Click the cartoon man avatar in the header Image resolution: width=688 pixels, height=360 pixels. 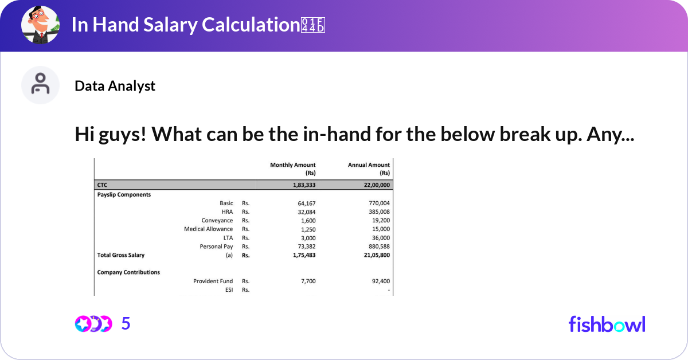41,26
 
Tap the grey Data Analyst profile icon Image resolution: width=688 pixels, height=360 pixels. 40,85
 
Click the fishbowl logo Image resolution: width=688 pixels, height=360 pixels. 607,324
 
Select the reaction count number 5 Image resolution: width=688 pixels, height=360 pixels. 126,324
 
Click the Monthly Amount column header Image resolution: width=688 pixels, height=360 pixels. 292,169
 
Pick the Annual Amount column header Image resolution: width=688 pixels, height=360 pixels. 369,169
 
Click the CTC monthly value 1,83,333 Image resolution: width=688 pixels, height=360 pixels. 301,185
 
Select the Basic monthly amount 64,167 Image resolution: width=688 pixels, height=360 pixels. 306,204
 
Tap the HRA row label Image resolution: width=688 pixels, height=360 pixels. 227,212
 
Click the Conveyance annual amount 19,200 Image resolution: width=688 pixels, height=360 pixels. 379,221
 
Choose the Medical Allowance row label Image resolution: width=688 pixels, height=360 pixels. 208,229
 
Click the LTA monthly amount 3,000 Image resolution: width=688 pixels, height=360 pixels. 307,238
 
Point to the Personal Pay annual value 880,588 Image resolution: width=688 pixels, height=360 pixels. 377,246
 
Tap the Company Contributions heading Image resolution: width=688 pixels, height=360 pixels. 128,272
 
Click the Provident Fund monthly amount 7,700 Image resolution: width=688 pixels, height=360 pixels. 307,281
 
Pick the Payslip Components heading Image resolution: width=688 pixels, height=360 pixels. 124,194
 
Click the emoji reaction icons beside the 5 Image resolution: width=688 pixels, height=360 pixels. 93,324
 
